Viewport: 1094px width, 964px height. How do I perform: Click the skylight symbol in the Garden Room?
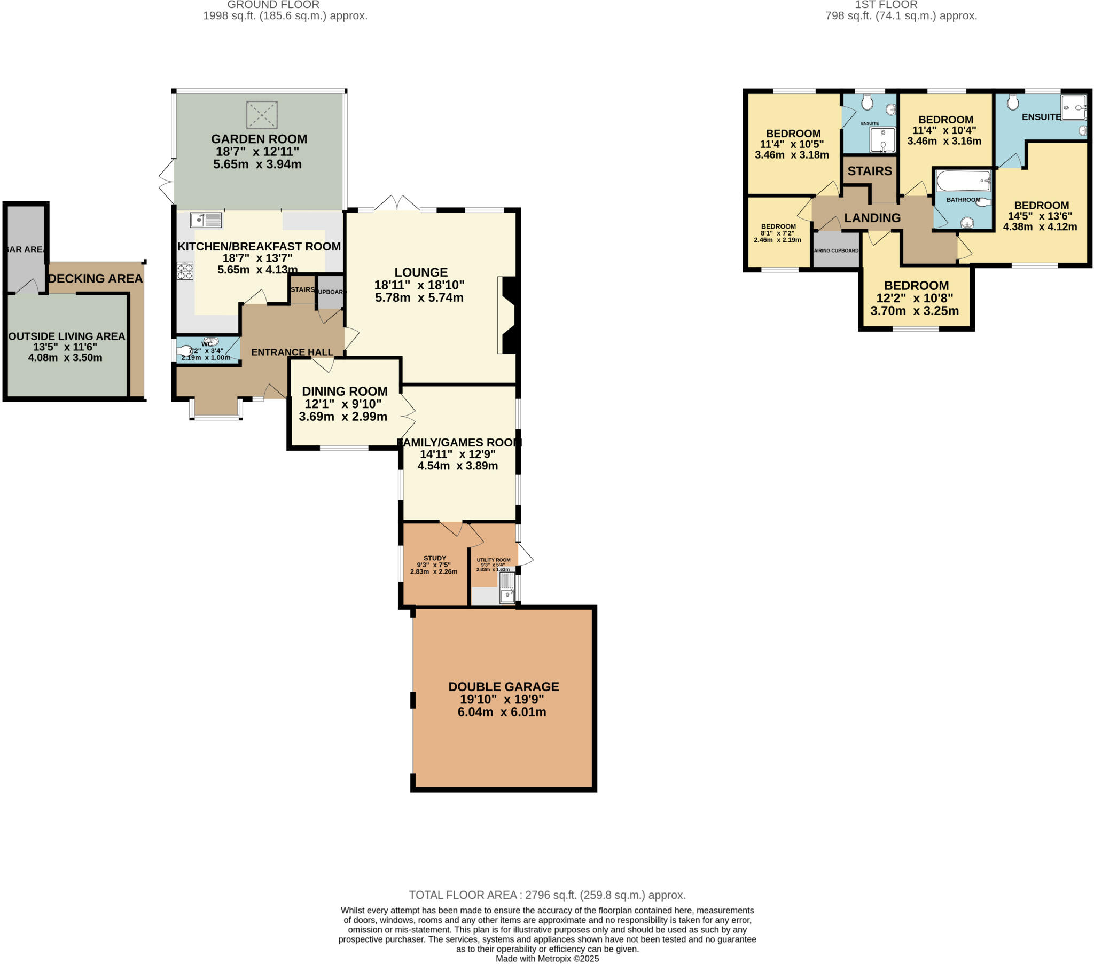coord(262,114)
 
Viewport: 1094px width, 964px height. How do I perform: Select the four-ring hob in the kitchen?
coord(185,271)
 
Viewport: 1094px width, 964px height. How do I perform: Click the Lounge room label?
coord(421,272)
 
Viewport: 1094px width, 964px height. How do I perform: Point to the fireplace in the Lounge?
coord(507,315)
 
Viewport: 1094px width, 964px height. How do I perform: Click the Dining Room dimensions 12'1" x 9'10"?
coord(343,404)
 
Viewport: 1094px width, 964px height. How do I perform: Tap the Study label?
coord(435,558)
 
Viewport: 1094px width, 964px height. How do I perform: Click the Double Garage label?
coord(503,687)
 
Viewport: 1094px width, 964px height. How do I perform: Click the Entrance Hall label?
coord(292,352)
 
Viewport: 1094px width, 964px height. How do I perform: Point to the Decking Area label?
coord(96,278)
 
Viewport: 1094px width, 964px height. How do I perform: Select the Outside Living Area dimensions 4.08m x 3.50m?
coord(65,357)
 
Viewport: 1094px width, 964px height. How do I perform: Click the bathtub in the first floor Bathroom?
coord(963,181)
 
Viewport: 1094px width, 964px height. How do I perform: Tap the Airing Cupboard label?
coord(836,250)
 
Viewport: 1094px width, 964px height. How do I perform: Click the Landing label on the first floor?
coord(872,218)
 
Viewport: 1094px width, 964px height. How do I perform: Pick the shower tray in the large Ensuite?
coord(1074,107)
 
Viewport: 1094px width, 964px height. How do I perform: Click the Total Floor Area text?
coord(547,895)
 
